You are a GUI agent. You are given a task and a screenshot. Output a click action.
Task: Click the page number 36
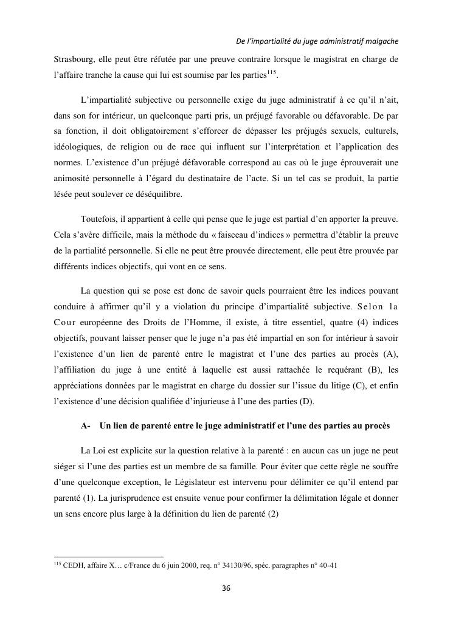pos(226,588)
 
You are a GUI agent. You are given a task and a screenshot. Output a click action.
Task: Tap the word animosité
pos(72,179)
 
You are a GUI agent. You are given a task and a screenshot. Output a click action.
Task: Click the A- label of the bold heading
pos(86,425)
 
